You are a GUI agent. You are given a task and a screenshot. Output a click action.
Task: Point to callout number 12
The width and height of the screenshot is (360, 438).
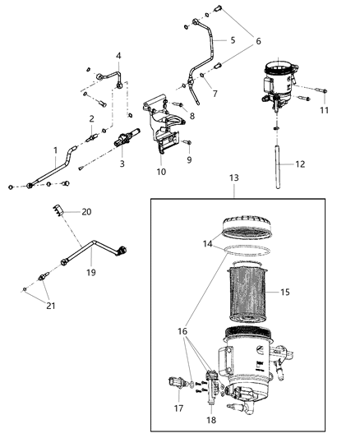(301, 164)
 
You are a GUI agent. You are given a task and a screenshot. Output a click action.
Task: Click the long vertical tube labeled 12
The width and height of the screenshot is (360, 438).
(277, 164)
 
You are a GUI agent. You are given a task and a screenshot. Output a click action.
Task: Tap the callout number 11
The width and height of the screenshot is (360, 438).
(324, 109)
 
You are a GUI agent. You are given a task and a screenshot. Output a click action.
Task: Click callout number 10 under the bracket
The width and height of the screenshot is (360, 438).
(161, 173)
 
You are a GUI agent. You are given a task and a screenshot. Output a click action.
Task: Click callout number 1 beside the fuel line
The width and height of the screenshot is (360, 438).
(54, 150)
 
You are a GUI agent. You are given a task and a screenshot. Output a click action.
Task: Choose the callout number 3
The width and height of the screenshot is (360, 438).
(122, 164)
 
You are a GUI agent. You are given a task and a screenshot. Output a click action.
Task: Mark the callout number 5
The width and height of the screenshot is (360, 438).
(232, 39)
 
